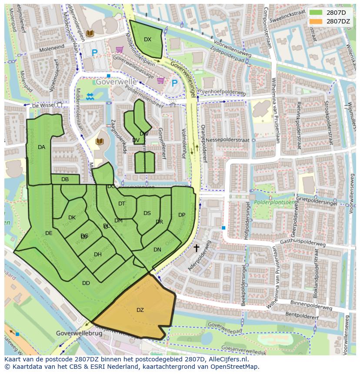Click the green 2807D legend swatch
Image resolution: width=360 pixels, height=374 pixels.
pyautogui.click(x=316, y=13)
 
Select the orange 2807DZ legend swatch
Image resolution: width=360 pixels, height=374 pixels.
pyautogui.click(x=316, y=21)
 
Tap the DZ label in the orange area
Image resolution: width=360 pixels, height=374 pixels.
pyautogui.click(x=140, y=310)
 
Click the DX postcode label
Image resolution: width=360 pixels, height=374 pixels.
pyautogui.click(x=147, y=40)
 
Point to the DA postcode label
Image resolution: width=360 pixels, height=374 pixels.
pyautogui.click(x=41, y=147)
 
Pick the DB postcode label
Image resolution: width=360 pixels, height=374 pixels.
pyautogui.click(x=65, y=179)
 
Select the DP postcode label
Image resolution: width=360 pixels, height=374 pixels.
pyautogui.click(x=182, y=215)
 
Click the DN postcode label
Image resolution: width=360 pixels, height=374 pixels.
pyautogui.click(x=157, y=250)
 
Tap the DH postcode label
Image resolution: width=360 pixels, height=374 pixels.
pyautogui.click(x=98, y=255)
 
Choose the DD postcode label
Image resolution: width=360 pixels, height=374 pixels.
pyautogui.click(x=86, y=283)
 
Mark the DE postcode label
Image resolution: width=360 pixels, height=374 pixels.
pyautogui.click(x=49, y=233)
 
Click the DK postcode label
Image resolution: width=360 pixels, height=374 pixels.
pyautogui.click(x=72, y=218)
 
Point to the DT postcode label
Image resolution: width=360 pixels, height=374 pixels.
pyautogui.click(x=122, y=204)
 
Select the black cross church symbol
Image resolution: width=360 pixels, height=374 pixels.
pyautogui.click(x=196, y=248)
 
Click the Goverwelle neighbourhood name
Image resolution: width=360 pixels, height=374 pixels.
pyautogui.click(x=116, y=82)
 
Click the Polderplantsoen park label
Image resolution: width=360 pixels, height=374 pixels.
pyautogui.click(x=272, y=202)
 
